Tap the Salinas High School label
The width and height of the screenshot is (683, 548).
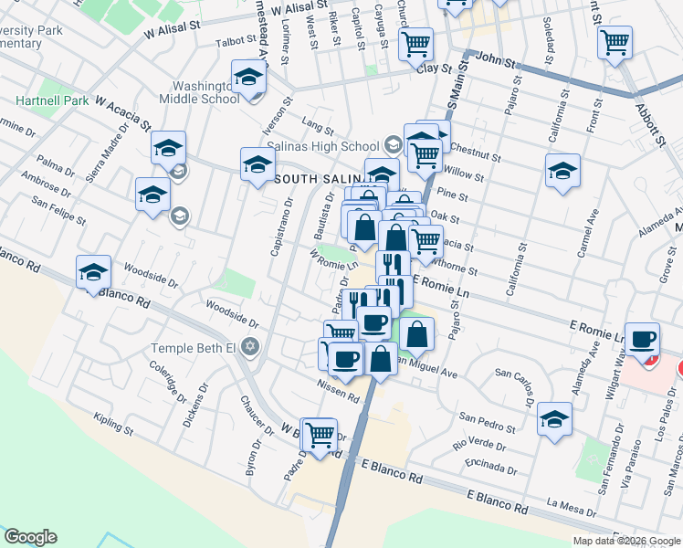(x=322, y=146)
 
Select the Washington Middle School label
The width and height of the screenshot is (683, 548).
(x=200, y=92)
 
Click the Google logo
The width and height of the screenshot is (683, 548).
(x=30, y=537)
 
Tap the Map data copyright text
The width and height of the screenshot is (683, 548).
(x=625, y=541)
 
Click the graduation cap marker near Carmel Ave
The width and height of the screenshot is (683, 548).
(x=562, y=171)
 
